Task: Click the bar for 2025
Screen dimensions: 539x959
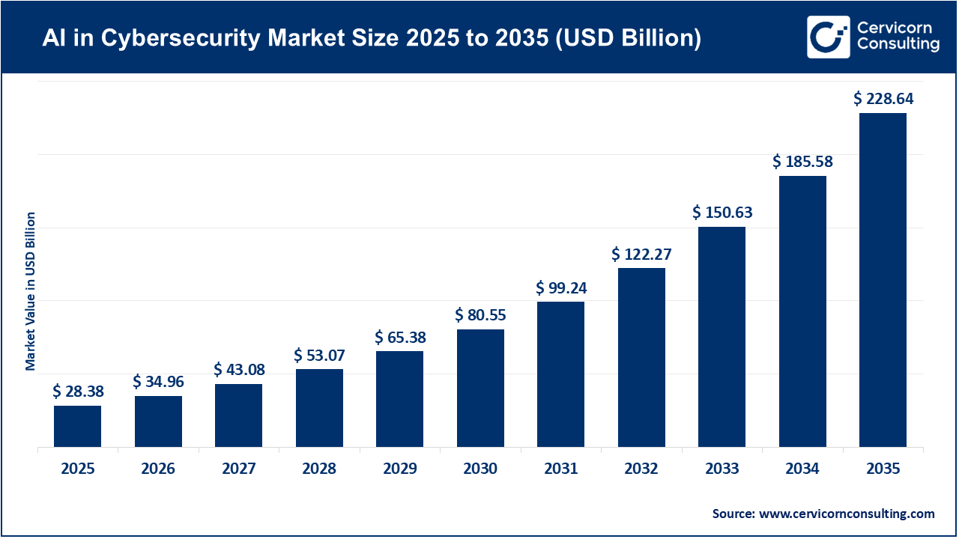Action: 77,426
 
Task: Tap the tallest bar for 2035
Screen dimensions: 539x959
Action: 883,280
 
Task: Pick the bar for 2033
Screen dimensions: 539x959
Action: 721,337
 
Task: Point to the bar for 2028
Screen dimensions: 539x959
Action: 319,408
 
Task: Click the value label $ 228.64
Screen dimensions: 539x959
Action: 883,98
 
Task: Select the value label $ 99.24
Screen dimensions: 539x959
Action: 560,287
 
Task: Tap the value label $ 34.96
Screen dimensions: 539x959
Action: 158,382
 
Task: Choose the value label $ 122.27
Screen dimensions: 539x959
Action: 641,254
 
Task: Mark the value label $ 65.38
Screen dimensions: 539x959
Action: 399,337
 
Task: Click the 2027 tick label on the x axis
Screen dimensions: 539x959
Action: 238,469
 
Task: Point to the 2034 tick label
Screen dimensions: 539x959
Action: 802,469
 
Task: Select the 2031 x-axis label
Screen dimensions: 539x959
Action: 560,469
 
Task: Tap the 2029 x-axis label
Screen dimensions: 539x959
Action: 399,469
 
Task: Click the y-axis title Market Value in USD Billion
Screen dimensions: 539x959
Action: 31,291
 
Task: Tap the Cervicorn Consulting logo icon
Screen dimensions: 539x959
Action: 828,37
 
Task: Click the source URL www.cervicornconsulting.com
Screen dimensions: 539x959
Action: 847,514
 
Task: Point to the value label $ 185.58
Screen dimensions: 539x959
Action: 802,161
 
